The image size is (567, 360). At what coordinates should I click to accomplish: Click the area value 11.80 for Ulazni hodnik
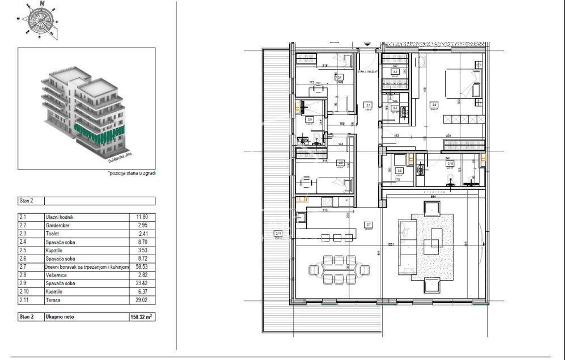coord(142,217)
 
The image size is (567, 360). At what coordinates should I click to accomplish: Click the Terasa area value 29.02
coord(142,299)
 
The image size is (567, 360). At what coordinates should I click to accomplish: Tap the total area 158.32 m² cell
coord(142,317)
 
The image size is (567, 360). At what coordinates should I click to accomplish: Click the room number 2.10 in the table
coord(25,291)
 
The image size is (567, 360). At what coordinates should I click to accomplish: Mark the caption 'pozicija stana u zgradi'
coord(132,173)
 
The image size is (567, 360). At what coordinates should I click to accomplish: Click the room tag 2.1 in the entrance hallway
coord(368,105)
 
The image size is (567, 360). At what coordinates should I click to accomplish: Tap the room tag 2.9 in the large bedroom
coord(434,105)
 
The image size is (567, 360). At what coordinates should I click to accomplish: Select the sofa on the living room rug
coord(408,244)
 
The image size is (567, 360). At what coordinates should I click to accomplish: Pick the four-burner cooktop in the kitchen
coord(327,201)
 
